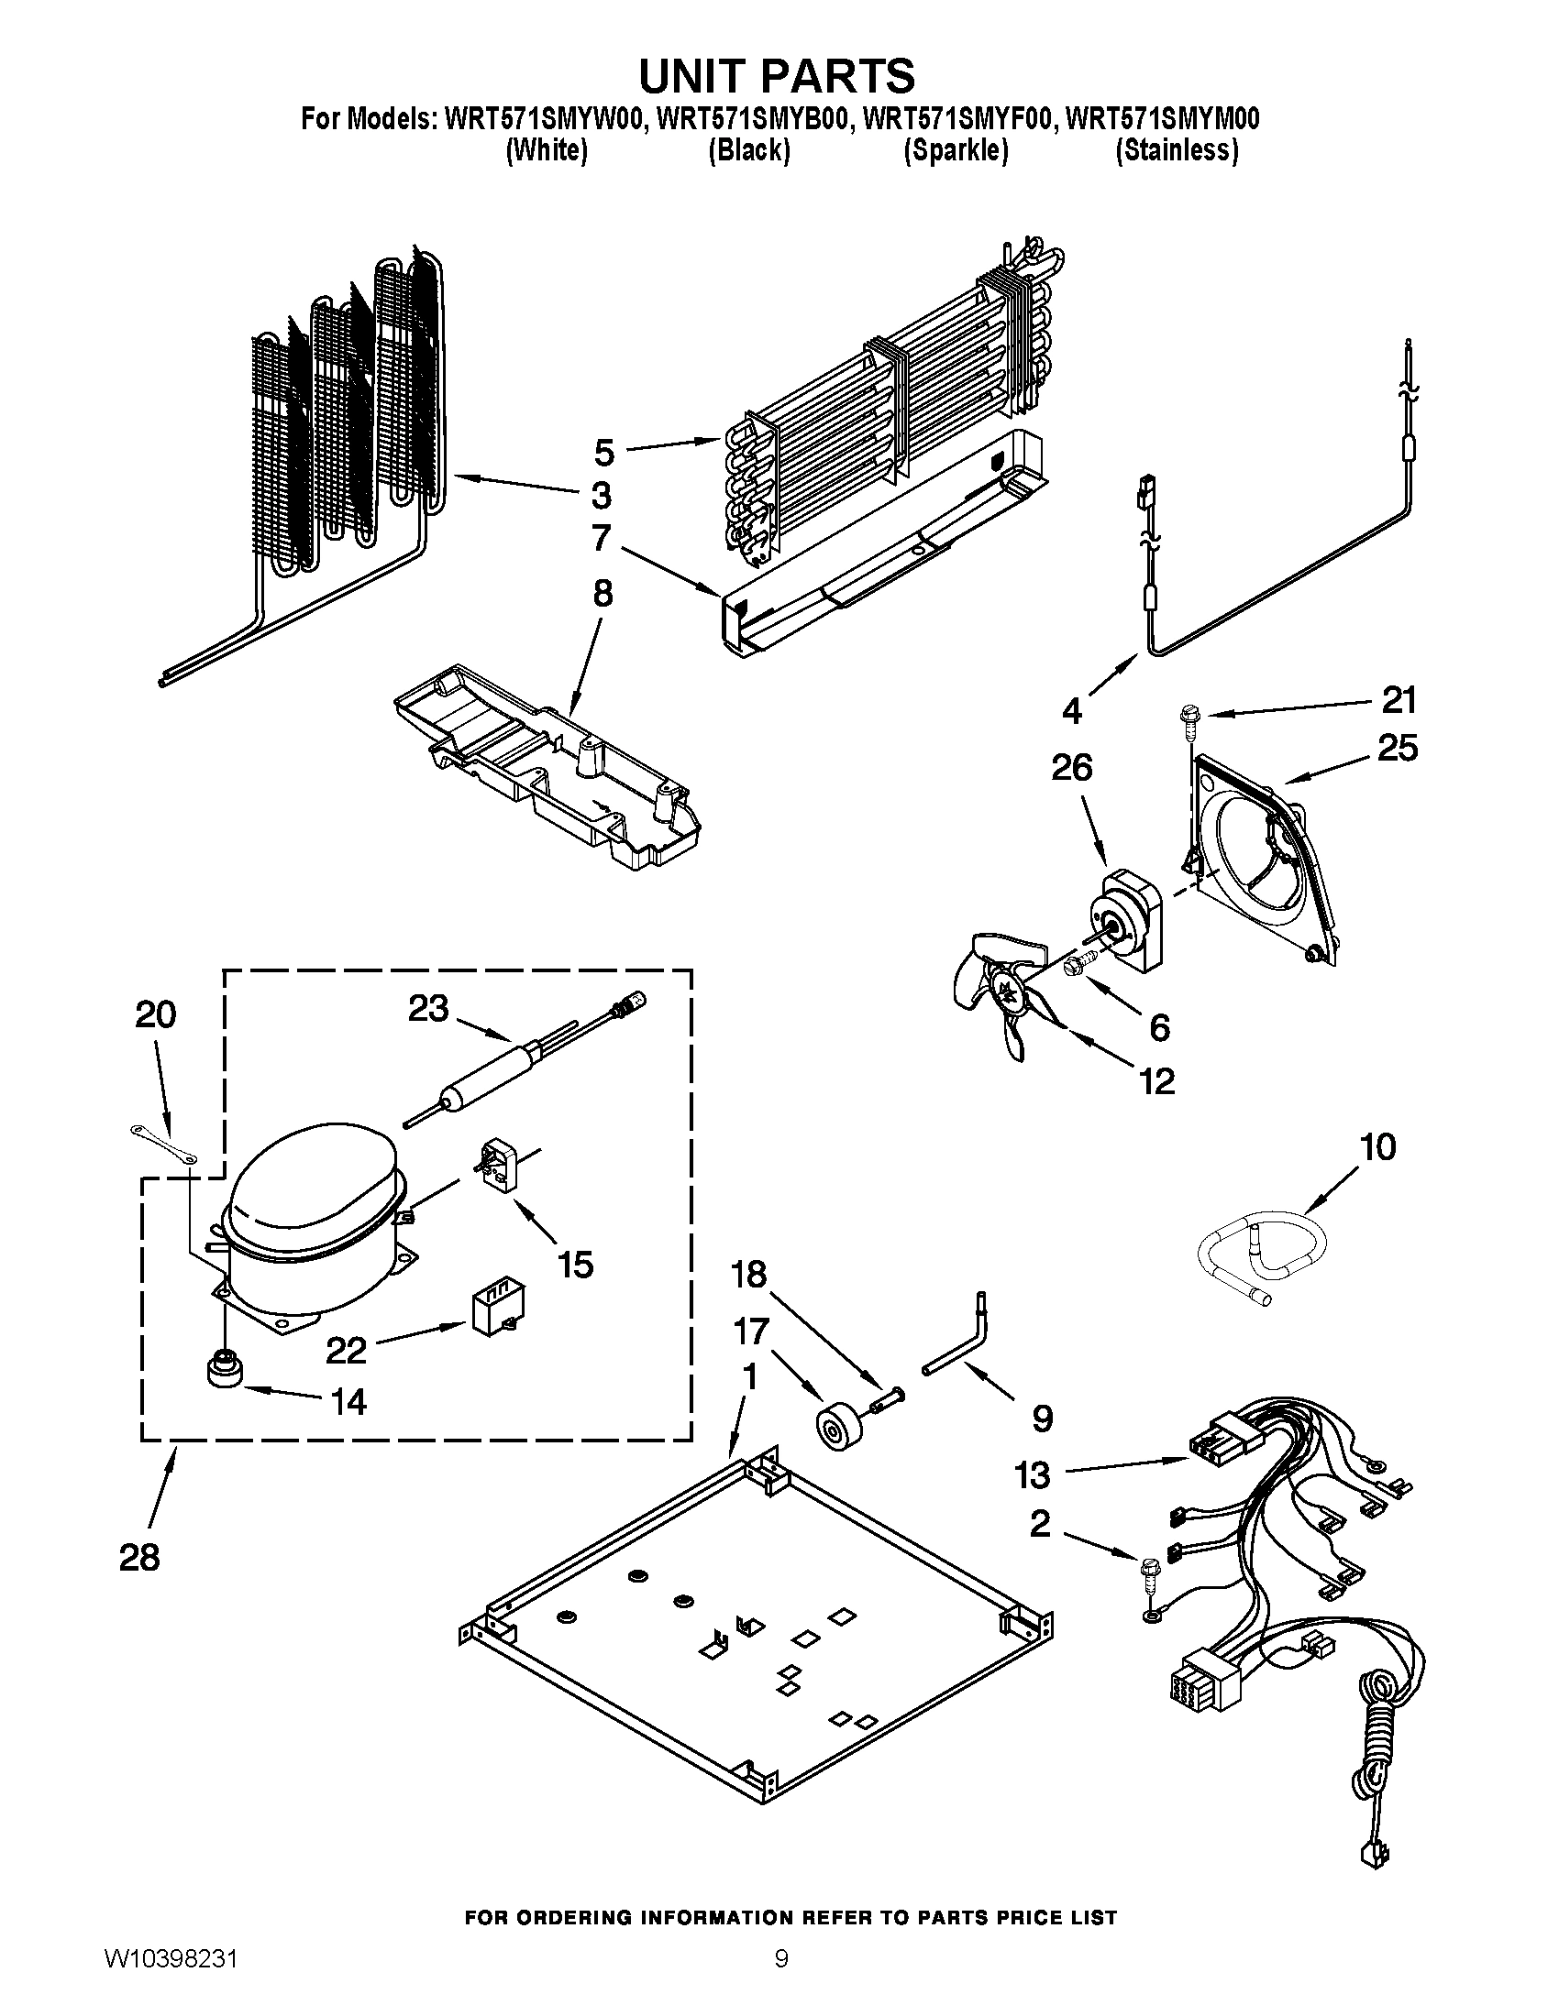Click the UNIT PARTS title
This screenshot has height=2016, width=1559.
777,75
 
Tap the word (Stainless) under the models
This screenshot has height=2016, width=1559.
1177,150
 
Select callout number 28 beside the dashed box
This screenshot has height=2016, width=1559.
139,1557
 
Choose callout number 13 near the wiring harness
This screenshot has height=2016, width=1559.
1032,1474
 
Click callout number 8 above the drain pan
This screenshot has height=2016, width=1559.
603,594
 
